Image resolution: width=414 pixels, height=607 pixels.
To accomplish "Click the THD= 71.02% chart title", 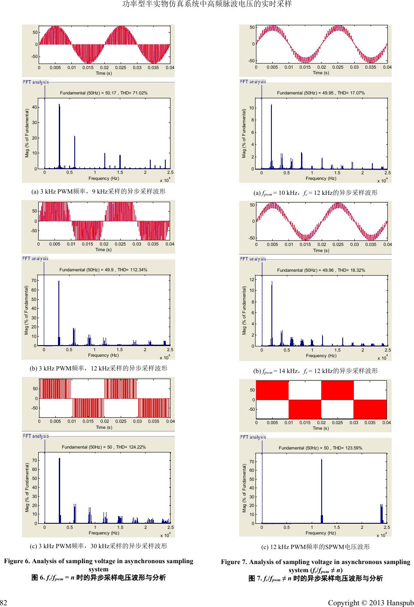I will pos(104,93).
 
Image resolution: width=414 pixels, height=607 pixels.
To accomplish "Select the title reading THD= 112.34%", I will pos(103,270).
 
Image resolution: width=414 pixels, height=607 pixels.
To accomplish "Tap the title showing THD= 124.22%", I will pos(104,447).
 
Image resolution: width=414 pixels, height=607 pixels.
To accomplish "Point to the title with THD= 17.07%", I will pos(321,93).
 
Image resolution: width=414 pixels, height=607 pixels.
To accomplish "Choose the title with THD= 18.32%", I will pos(321,270).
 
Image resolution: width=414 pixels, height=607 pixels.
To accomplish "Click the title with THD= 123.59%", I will pos(320,448).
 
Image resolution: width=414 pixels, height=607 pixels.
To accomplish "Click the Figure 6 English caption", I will pos(98,565).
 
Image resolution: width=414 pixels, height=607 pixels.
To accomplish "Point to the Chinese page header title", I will pos(207,4).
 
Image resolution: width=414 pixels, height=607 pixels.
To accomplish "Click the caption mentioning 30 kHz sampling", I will pos(98,546).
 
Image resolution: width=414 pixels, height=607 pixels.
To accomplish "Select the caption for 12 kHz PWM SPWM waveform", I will pos(315,547).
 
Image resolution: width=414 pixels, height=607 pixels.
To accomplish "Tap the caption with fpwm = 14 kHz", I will pos(315,370).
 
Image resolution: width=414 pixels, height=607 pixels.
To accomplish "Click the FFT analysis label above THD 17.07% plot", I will pos(253,82).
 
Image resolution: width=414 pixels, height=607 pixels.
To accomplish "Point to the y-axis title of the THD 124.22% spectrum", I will pos(27,487).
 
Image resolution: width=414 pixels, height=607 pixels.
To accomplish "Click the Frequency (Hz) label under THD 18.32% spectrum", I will pos(321,355).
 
